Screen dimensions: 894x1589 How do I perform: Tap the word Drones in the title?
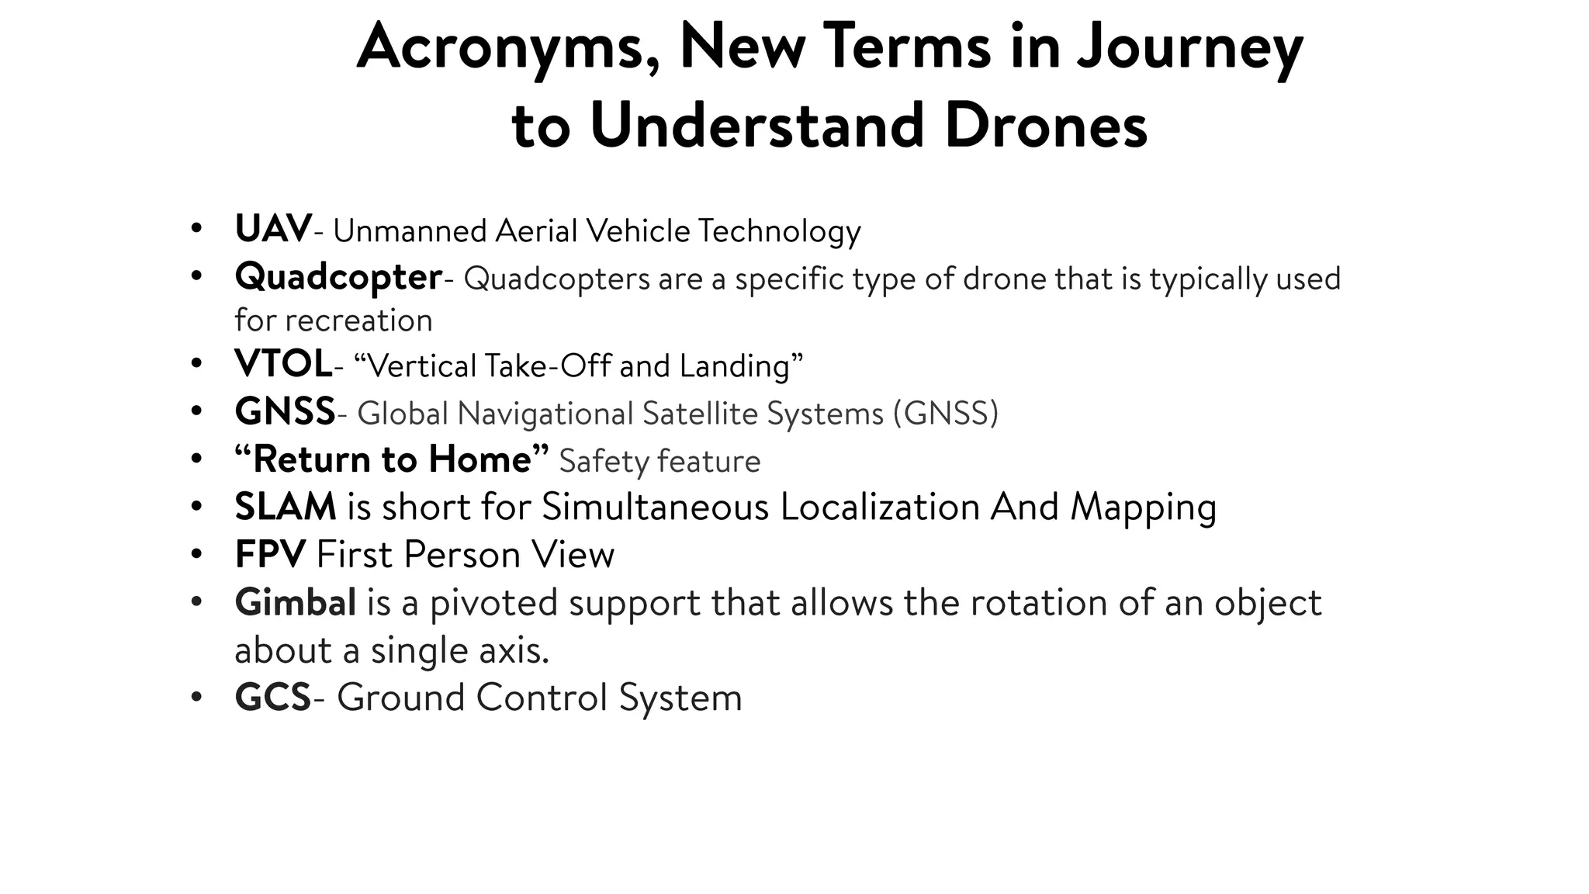pyautogui.click(x=1045, y=126)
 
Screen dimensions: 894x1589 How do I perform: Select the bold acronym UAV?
pyautogui.click(x=273, y=230)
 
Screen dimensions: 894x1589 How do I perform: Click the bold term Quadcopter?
pyautogui.click(x=338, y=278)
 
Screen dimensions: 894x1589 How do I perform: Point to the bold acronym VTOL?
pyautogui.click(x=283, y=365)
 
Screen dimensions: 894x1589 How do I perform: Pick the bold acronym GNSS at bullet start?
pyautogui.click(x=285, y=412)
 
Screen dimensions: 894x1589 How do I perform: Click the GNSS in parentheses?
pyautogui.click(x=945, y=414)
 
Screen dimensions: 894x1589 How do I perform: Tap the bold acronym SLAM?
pyautogui.click(x=286, y=507)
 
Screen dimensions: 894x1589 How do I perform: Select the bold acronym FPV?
pyautogui.click(x=271, y=555)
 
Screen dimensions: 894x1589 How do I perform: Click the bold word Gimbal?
pyautogui.click(x=296, y=603)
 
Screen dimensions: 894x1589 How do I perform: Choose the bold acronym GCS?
pyautogui.click(x=273, y=698)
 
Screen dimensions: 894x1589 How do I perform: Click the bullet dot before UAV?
pyautogui.click(x=196, y=229)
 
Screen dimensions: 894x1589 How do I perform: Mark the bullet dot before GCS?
pyautogui.click(x=196, y=697)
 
